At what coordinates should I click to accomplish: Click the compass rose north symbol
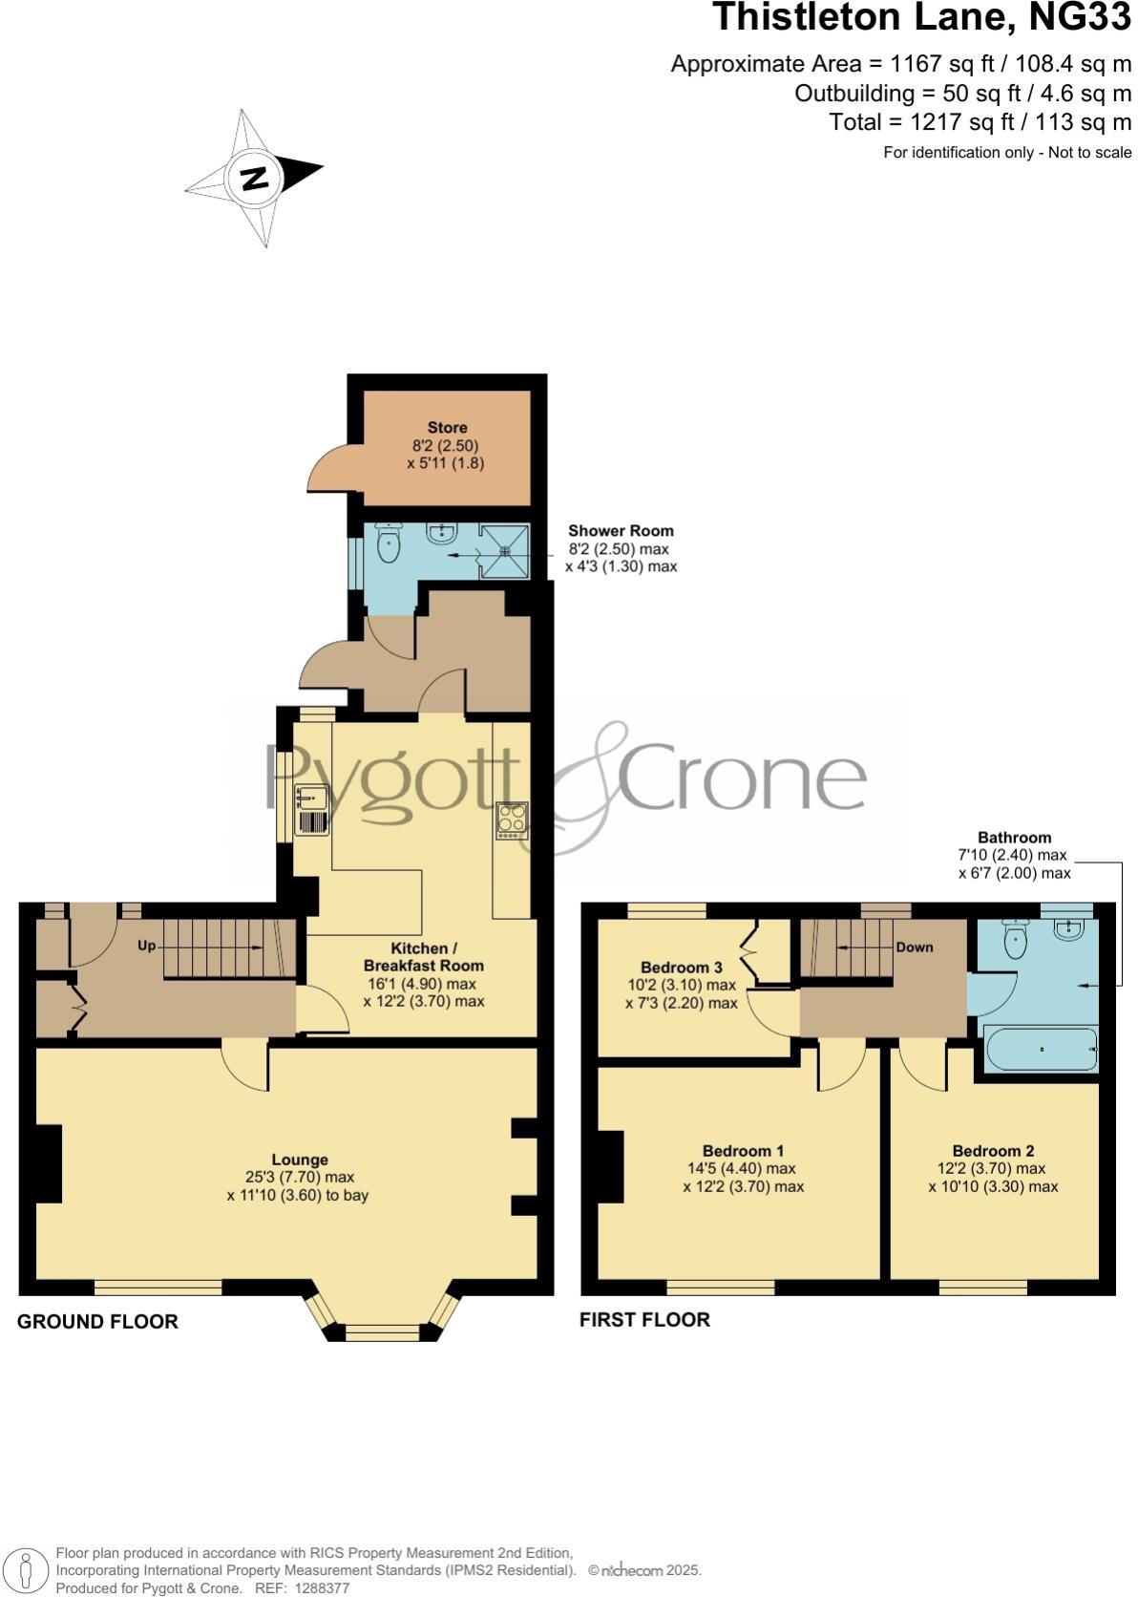pos(254,179)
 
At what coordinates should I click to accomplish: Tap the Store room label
pos(447,428)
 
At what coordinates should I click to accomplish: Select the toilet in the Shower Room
pos(389,545)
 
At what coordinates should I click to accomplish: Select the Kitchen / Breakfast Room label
pos(424,957)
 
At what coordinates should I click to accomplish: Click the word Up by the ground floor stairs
pos(146,946)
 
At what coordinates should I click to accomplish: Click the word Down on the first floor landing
pos(914,948)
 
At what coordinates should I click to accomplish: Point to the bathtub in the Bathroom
pos(1041,1050)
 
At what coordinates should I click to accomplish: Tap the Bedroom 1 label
pos(743,1151)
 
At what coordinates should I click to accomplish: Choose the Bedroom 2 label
pos(993,1151)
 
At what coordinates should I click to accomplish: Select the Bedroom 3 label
pos(681,967)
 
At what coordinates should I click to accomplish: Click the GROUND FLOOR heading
pos(97,1322)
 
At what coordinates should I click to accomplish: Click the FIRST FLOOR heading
pos(644,1320)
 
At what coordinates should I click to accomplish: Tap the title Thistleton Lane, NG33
pos(921,19)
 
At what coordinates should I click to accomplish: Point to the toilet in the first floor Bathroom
pos(1016,941)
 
